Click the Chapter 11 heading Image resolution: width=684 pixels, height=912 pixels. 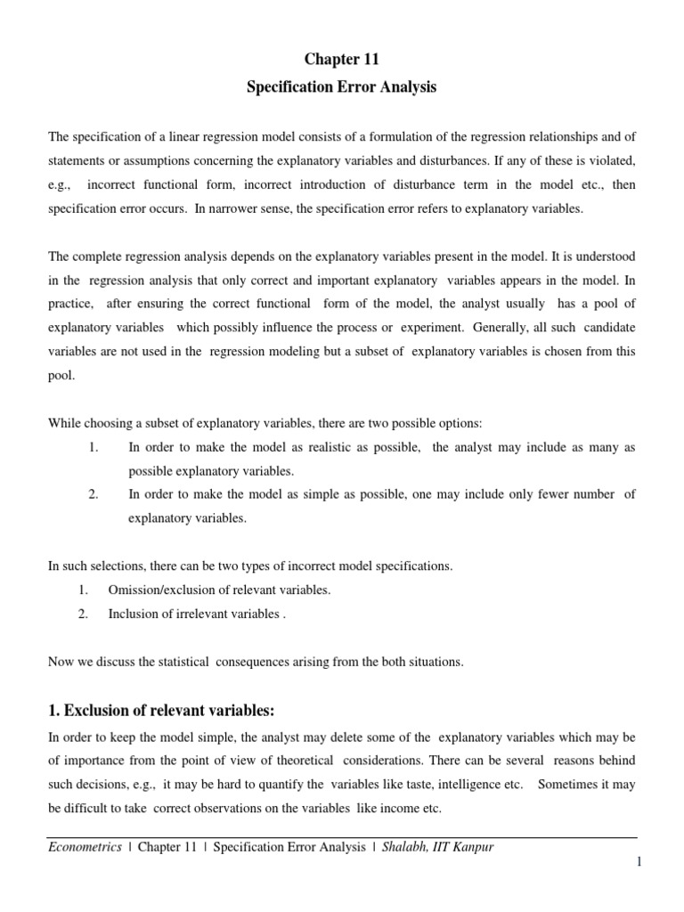[x=342, y=60]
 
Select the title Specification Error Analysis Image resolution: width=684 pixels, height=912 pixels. [x=342, y=88]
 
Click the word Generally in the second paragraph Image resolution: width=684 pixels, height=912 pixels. [x=485, y=327]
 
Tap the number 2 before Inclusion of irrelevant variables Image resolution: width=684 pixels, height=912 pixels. [x=82, y=614]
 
